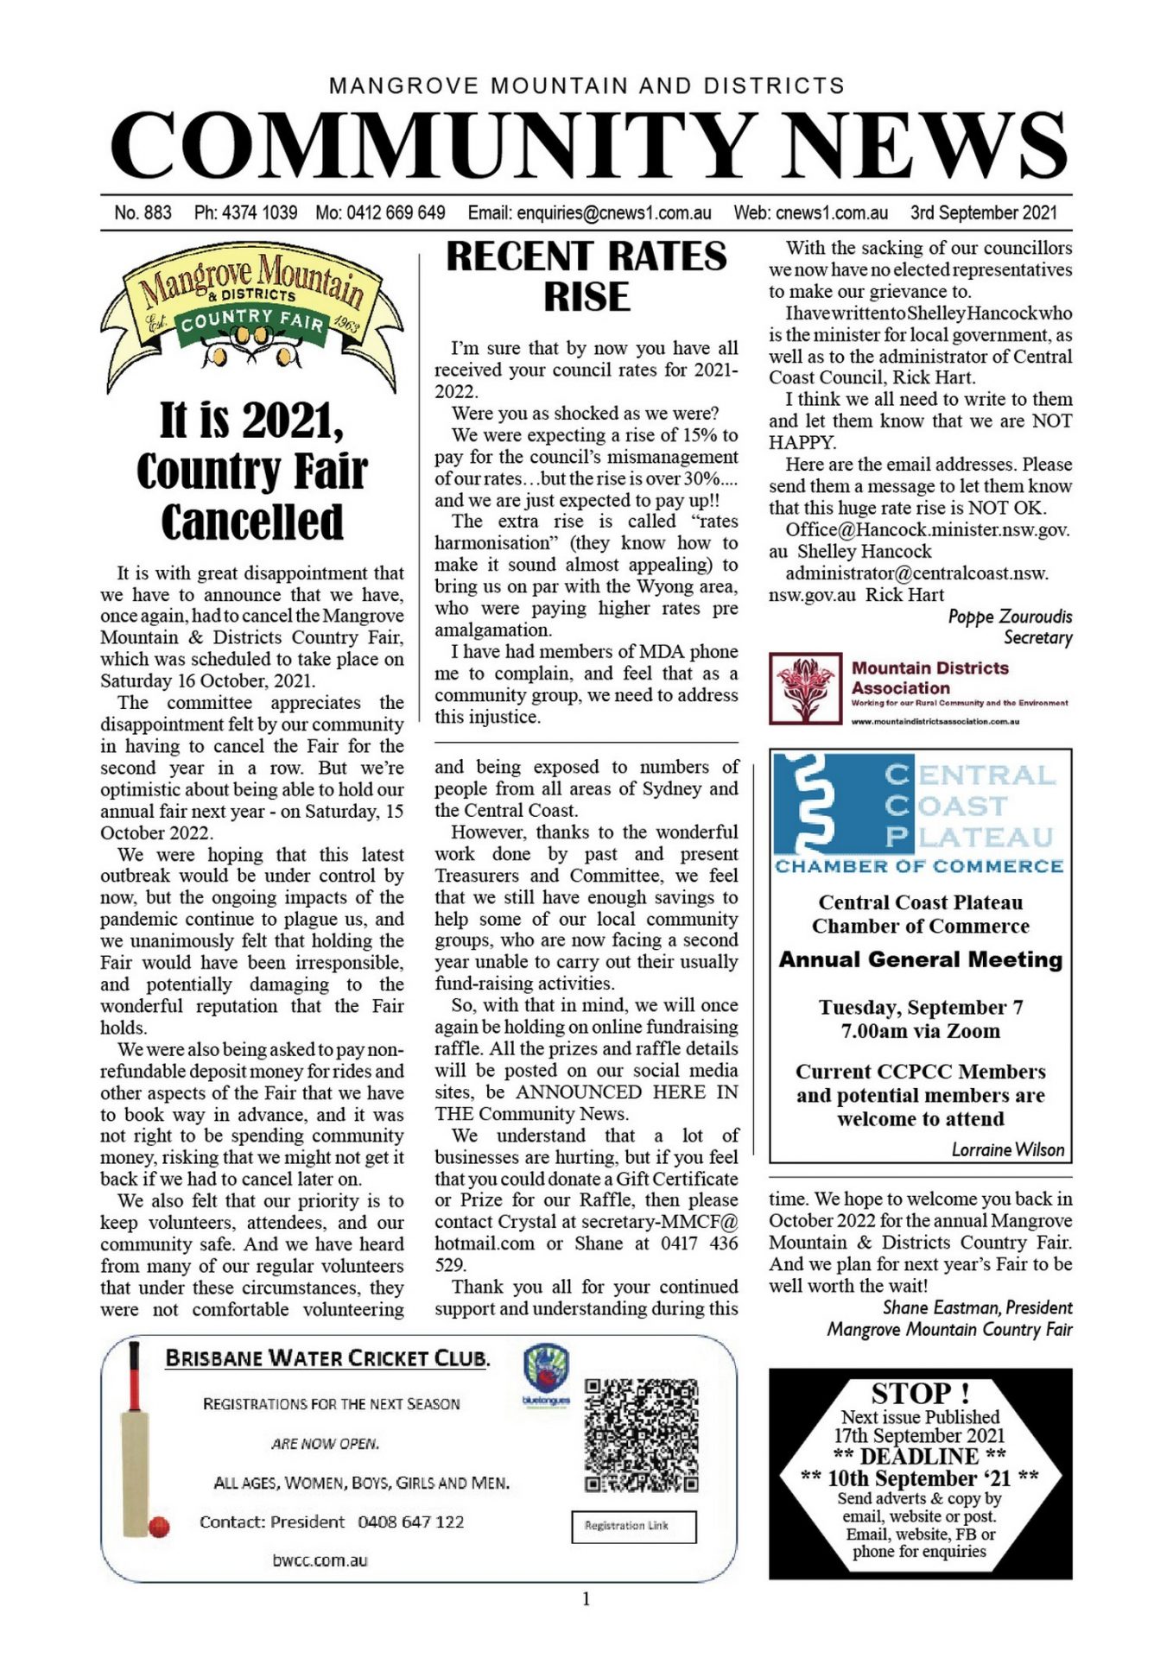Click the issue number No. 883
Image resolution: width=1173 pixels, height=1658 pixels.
click(143, 212)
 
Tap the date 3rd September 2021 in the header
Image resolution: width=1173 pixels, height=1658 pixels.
click(983, 212)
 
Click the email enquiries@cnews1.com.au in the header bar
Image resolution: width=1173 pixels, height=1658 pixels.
click(589, 212)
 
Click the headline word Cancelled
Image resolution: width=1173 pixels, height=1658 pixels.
click(252, 522)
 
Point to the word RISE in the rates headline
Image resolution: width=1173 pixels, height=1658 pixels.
click(586, 297)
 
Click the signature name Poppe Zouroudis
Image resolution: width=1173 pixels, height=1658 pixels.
click(1009, 617)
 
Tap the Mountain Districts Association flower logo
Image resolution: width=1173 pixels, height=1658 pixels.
click(805, 688)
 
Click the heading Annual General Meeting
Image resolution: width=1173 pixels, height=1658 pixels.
click(920, 959)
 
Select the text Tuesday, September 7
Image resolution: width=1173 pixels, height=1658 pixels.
click(920, 1007)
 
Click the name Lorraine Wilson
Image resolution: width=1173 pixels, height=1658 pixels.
click(1007, 1149)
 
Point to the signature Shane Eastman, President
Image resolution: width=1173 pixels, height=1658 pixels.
click(976, 1307)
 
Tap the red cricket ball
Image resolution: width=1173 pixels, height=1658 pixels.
click(159, 1527)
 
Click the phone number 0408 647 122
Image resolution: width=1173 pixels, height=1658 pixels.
click(410, 1522)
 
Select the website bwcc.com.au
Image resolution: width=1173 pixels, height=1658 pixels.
click(320, 1560)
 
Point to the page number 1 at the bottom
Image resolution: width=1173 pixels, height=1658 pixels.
click(586, 1599)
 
